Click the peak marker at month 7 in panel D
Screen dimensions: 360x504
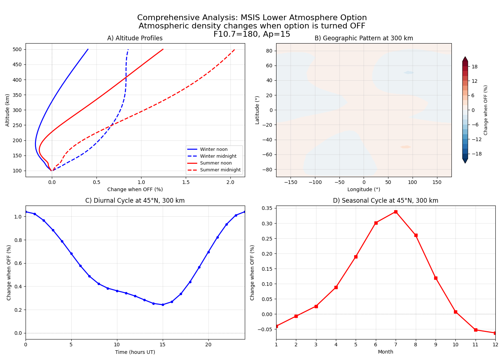point(396,212)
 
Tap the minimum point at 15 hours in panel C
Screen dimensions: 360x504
point(163,305)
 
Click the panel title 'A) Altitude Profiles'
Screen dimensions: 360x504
point(135,38)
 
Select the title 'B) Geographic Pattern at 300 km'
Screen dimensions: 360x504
point(364,38)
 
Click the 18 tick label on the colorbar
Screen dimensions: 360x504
point(474,67)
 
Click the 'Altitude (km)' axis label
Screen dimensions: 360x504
point(8,110)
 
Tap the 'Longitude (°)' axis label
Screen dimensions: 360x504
point(364,189)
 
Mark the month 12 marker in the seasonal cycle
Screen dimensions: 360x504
point(495,333)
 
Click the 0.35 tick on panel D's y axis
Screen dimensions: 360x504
point(267,208)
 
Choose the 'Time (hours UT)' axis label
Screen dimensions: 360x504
point(135,352)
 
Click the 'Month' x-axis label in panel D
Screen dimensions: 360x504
point(386,352)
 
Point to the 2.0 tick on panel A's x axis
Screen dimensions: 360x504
point(230,182)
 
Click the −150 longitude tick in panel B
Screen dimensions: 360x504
point(291,182)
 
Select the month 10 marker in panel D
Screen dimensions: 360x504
point(455,312)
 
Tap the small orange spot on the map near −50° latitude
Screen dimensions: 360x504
point(405,147)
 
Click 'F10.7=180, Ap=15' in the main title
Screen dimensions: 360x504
point(252,34)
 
